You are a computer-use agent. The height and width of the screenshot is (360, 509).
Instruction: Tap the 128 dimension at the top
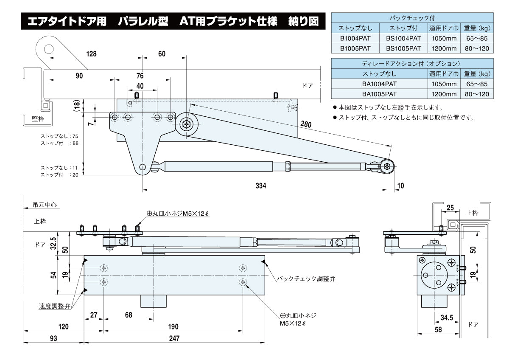pos(91,54)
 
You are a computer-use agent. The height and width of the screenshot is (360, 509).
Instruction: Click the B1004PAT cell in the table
pos(355,38)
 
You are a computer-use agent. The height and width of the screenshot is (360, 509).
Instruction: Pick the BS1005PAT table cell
pos(403,48)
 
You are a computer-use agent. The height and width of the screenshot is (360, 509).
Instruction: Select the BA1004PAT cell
pos(379,84)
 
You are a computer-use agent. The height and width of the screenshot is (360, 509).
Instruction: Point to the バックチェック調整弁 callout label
pos(306,279)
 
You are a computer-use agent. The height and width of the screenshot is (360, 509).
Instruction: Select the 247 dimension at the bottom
pos(174,338)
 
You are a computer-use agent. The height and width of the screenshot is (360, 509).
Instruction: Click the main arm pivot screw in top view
pos(187,124)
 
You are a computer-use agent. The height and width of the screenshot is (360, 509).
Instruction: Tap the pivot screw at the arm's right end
pos(388,166)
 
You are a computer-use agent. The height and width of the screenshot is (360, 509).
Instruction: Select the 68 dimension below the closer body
pos(129,315)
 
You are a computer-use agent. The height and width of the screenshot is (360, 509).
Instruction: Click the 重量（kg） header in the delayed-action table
pos(478,73)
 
